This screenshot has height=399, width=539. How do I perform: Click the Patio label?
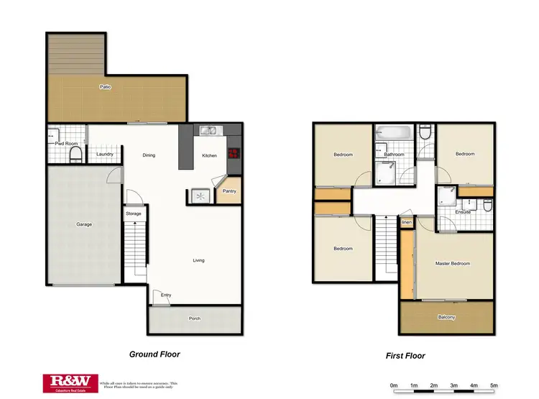(x=106, y=87)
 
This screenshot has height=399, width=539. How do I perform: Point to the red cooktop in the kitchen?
(x=233, y=152)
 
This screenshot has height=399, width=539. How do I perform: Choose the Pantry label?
(x=230, y=191)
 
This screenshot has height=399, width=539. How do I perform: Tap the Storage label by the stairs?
(x=134, y=214)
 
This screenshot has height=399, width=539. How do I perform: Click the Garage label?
(x=84, y=224)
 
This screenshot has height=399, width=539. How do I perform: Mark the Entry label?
(x=166, y=295)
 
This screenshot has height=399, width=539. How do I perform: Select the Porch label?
(x=195, y=318)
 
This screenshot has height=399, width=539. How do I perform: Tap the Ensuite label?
(x=463, y=212)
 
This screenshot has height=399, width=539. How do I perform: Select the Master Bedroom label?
(x=453, y=264)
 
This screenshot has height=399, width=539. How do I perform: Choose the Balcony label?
(x=446, y=317)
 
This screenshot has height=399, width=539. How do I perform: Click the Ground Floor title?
(x=155, y=354)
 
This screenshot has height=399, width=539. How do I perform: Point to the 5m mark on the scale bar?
(x=494, y=386)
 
